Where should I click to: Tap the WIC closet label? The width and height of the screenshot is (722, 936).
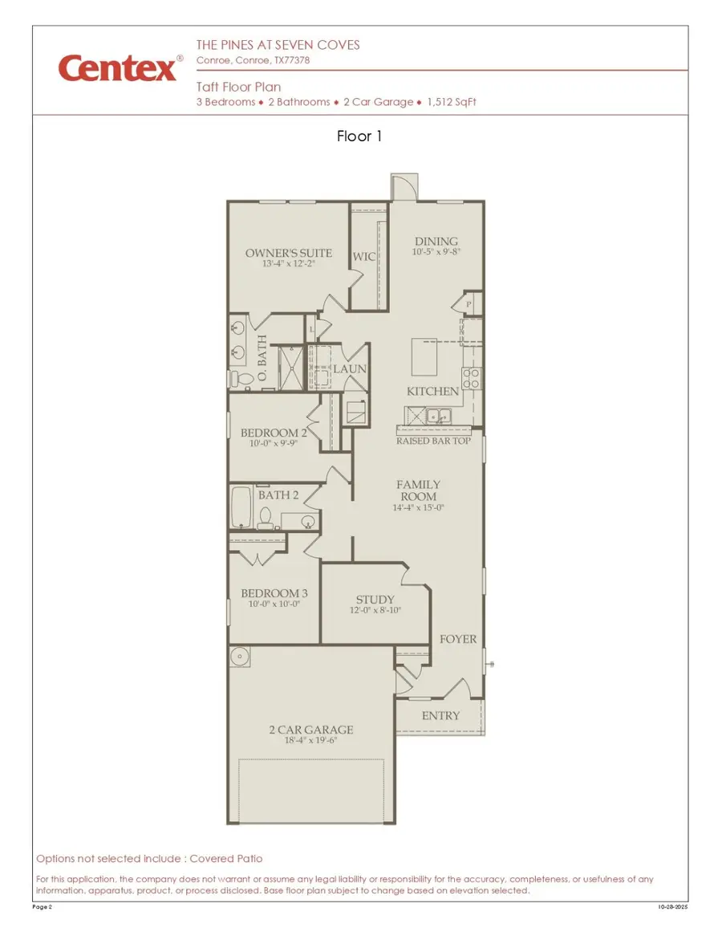[x=364, y=257]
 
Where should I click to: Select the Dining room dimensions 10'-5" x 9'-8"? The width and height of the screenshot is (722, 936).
[x=436, y=252]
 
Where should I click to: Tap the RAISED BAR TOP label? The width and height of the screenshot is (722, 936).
[x=433, y=441]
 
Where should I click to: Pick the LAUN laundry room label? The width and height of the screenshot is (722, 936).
[x=350, y=368]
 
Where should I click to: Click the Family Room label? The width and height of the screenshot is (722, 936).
[x=419, y=490]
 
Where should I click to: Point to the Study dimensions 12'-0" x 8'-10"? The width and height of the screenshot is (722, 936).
[x=375, y=610]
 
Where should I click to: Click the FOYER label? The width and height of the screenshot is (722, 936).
[x=458, y=639]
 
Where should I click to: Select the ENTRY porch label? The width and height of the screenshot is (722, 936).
[x=440, y=715]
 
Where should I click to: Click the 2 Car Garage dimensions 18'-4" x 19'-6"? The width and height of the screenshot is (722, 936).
[x=310, y=741]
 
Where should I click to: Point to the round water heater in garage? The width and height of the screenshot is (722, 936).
[x=239, y=657]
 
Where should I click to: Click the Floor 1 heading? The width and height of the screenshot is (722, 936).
[x=359, y=136]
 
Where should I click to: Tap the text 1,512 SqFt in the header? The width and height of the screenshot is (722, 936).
[x=452, y=102]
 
